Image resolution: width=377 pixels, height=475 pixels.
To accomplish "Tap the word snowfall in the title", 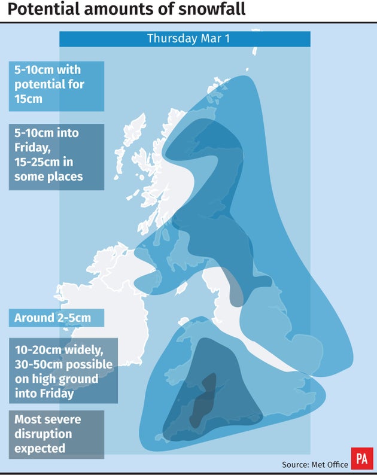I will [213, 10].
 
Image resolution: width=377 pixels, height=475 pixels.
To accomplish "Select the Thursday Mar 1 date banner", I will [184, 39].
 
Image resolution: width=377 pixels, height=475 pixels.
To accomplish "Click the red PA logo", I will [361, 458].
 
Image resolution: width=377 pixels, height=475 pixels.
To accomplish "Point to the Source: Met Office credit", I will [315, 464].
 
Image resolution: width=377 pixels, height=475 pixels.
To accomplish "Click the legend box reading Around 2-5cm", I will [56, 318].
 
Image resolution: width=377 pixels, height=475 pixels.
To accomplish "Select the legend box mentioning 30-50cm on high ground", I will [63, 370].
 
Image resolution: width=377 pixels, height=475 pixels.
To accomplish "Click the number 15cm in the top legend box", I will [29, 99].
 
